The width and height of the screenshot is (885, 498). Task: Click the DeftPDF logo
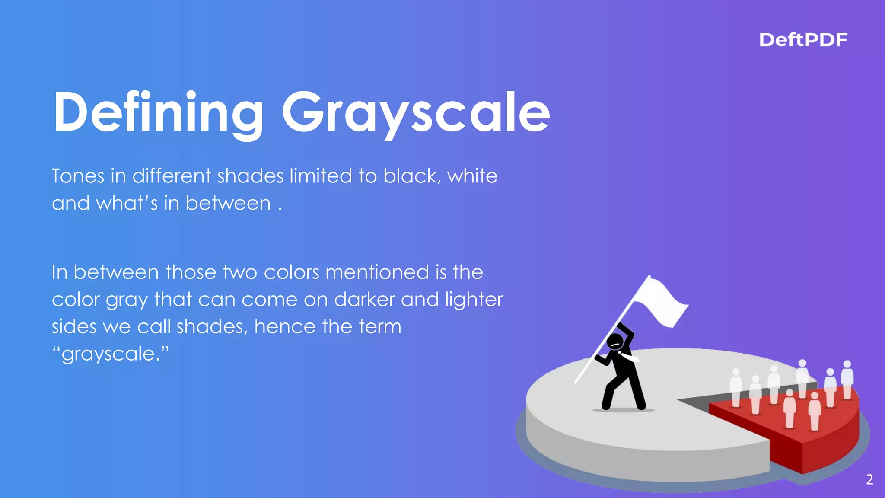coord(803,40)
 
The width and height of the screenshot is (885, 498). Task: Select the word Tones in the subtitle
coord(78,176)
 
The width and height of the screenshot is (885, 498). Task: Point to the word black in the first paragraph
coord(411,176)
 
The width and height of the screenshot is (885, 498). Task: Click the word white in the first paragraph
coord(472,176)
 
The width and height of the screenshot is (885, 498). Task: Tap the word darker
coord(365,299)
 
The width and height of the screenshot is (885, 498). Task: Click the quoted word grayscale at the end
coord(110,354)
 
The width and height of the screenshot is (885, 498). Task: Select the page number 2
coord(869,479)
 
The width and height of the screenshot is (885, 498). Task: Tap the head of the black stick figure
coord(615,342)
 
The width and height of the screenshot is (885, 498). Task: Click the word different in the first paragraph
coord(172,176)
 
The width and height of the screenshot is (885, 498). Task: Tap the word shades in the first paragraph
coord(250,176)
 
